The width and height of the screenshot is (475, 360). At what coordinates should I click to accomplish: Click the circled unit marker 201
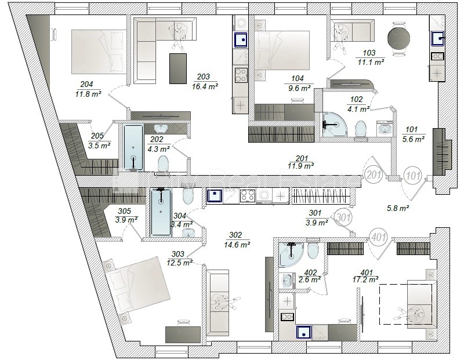(374, 175)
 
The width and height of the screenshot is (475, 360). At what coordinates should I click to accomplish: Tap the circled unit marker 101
(412, 175)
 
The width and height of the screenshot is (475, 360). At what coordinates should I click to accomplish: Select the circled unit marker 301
(343, 217)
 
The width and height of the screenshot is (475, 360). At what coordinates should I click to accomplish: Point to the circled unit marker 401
(378, 238)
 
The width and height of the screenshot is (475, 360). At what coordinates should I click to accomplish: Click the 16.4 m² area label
(205, 86)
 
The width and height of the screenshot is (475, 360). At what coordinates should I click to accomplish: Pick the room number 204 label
(86, 85)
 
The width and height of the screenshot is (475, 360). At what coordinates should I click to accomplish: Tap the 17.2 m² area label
(365, 279)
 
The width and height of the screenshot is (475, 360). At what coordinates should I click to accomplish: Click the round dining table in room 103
(398, 38)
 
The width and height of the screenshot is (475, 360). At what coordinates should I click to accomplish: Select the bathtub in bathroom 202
(133, 148)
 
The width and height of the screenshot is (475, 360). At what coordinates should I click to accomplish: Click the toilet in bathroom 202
(163, 164)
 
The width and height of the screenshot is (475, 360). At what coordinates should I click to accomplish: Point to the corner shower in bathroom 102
(333, 125)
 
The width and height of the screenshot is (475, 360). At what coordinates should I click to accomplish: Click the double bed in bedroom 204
(99, 52)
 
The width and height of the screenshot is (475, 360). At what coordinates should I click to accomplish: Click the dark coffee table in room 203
(178, 68)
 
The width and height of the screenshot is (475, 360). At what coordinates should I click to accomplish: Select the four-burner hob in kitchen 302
(248, 195)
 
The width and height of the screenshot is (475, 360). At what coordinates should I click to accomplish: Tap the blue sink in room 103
(437, 39)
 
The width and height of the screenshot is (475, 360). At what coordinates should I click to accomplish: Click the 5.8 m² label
(398, 208)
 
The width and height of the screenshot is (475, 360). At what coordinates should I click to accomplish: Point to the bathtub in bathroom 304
(161, 212)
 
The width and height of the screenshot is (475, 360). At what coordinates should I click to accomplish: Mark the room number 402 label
(310, 272)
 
